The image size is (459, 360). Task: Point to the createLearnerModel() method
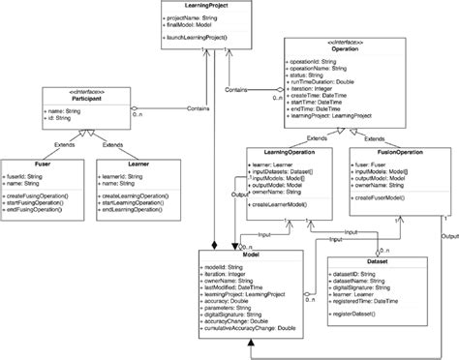pos(287,205)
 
